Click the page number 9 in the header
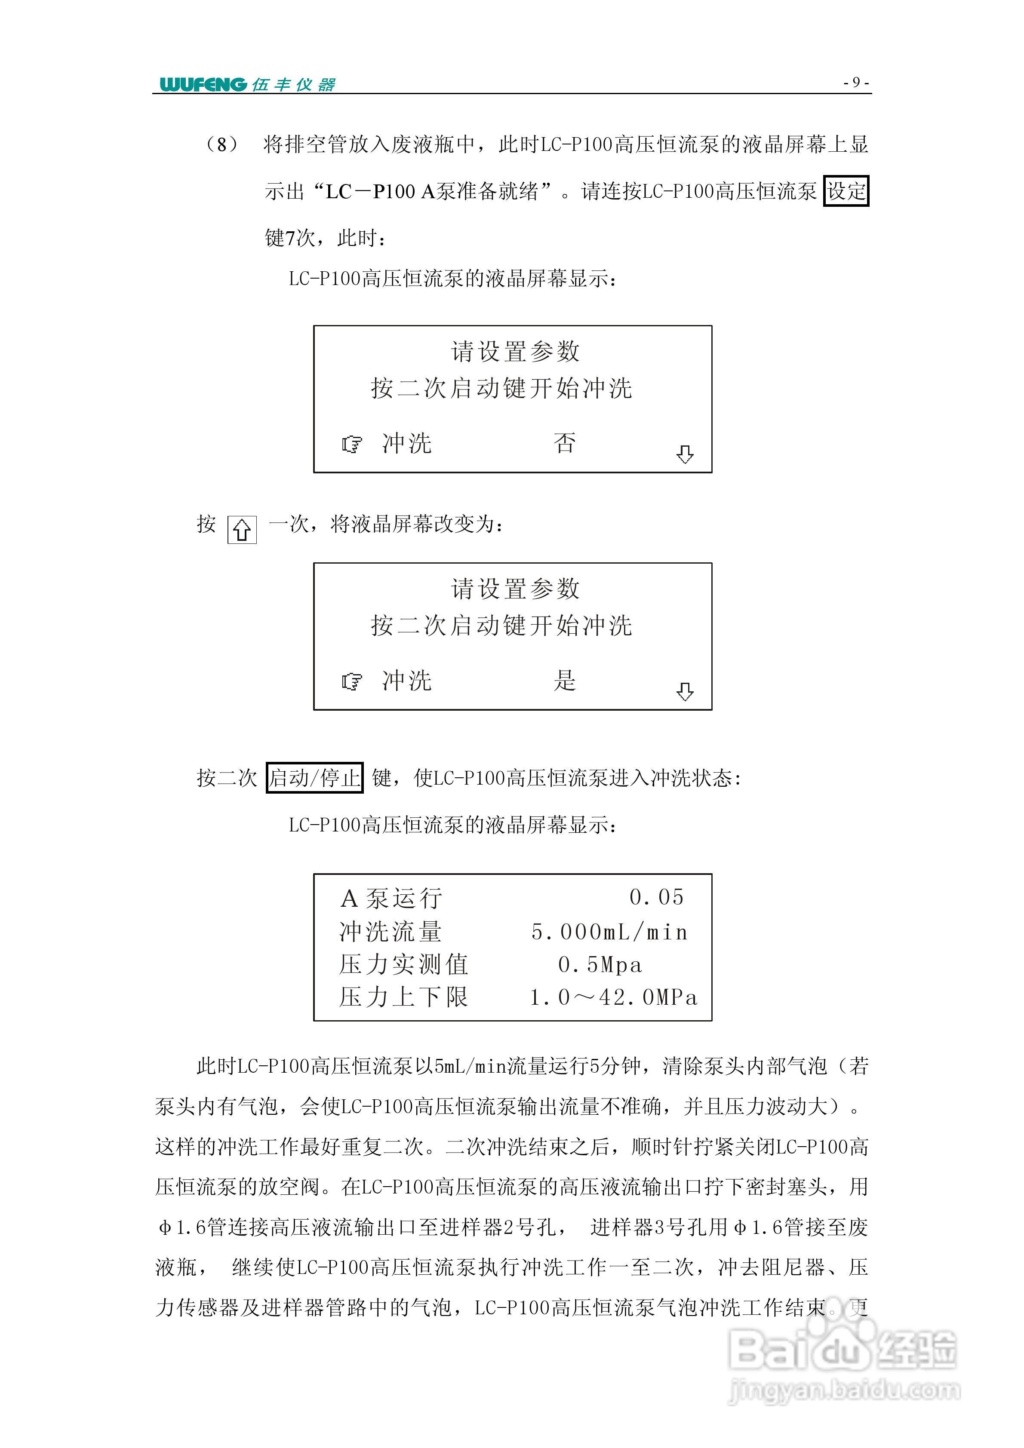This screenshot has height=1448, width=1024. [x=856, y=82]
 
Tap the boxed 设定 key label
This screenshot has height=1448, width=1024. [x=846, y=191]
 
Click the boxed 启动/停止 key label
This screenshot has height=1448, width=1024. [x=314, y=778]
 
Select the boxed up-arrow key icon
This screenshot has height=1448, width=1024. [x=242, y=530]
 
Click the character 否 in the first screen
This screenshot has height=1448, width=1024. [x=565, y=443]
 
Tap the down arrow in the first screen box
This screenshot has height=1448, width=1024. [x=685, y=454]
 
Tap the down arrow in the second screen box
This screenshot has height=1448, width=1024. [x=685, y=692]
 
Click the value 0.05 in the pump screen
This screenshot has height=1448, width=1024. [x=657, y=897]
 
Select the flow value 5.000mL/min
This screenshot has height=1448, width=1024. [x=609, y=932]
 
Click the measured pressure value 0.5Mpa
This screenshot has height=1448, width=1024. [x=600, y=965]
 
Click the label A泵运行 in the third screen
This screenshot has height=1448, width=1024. [x=391, y=899]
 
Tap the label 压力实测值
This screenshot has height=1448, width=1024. [x=404, y=965]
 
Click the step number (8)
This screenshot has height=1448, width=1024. [x=222, y=145]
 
